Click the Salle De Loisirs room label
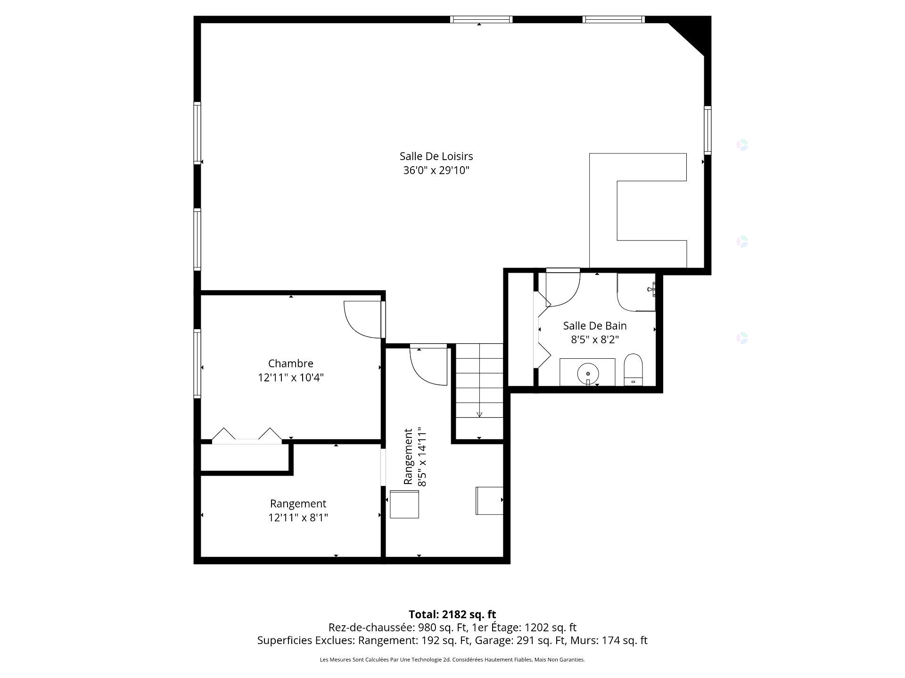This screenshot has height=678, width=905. pos(436,156)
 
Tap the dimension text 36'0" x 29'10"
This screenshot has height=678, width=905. pos(436,170)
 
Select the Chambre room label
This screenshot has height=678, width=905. pos(290,363)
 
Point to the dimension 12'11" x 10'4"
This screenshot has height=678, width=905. pos(290,378)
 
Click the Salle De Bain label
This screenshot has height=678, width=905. pos(595,326)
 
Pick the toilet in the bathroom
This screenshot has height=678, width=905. pos(633,370)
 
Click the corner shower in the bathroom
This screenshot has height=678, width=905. pos(636,292)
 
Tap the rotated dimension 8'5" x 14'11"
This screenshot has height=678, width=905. pos(415,457)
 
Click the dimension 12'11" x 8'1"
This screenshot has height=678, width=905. pos(298,518)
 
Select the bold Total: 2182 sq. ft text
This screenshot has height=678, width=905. pos(452,614)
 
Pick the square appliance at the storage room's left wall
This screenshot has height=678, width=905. pos(404,504)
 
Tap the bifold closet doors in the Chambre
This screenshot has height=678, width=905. pos(247,436)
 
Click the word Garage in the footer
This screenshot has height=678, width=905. pos(490,641)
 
